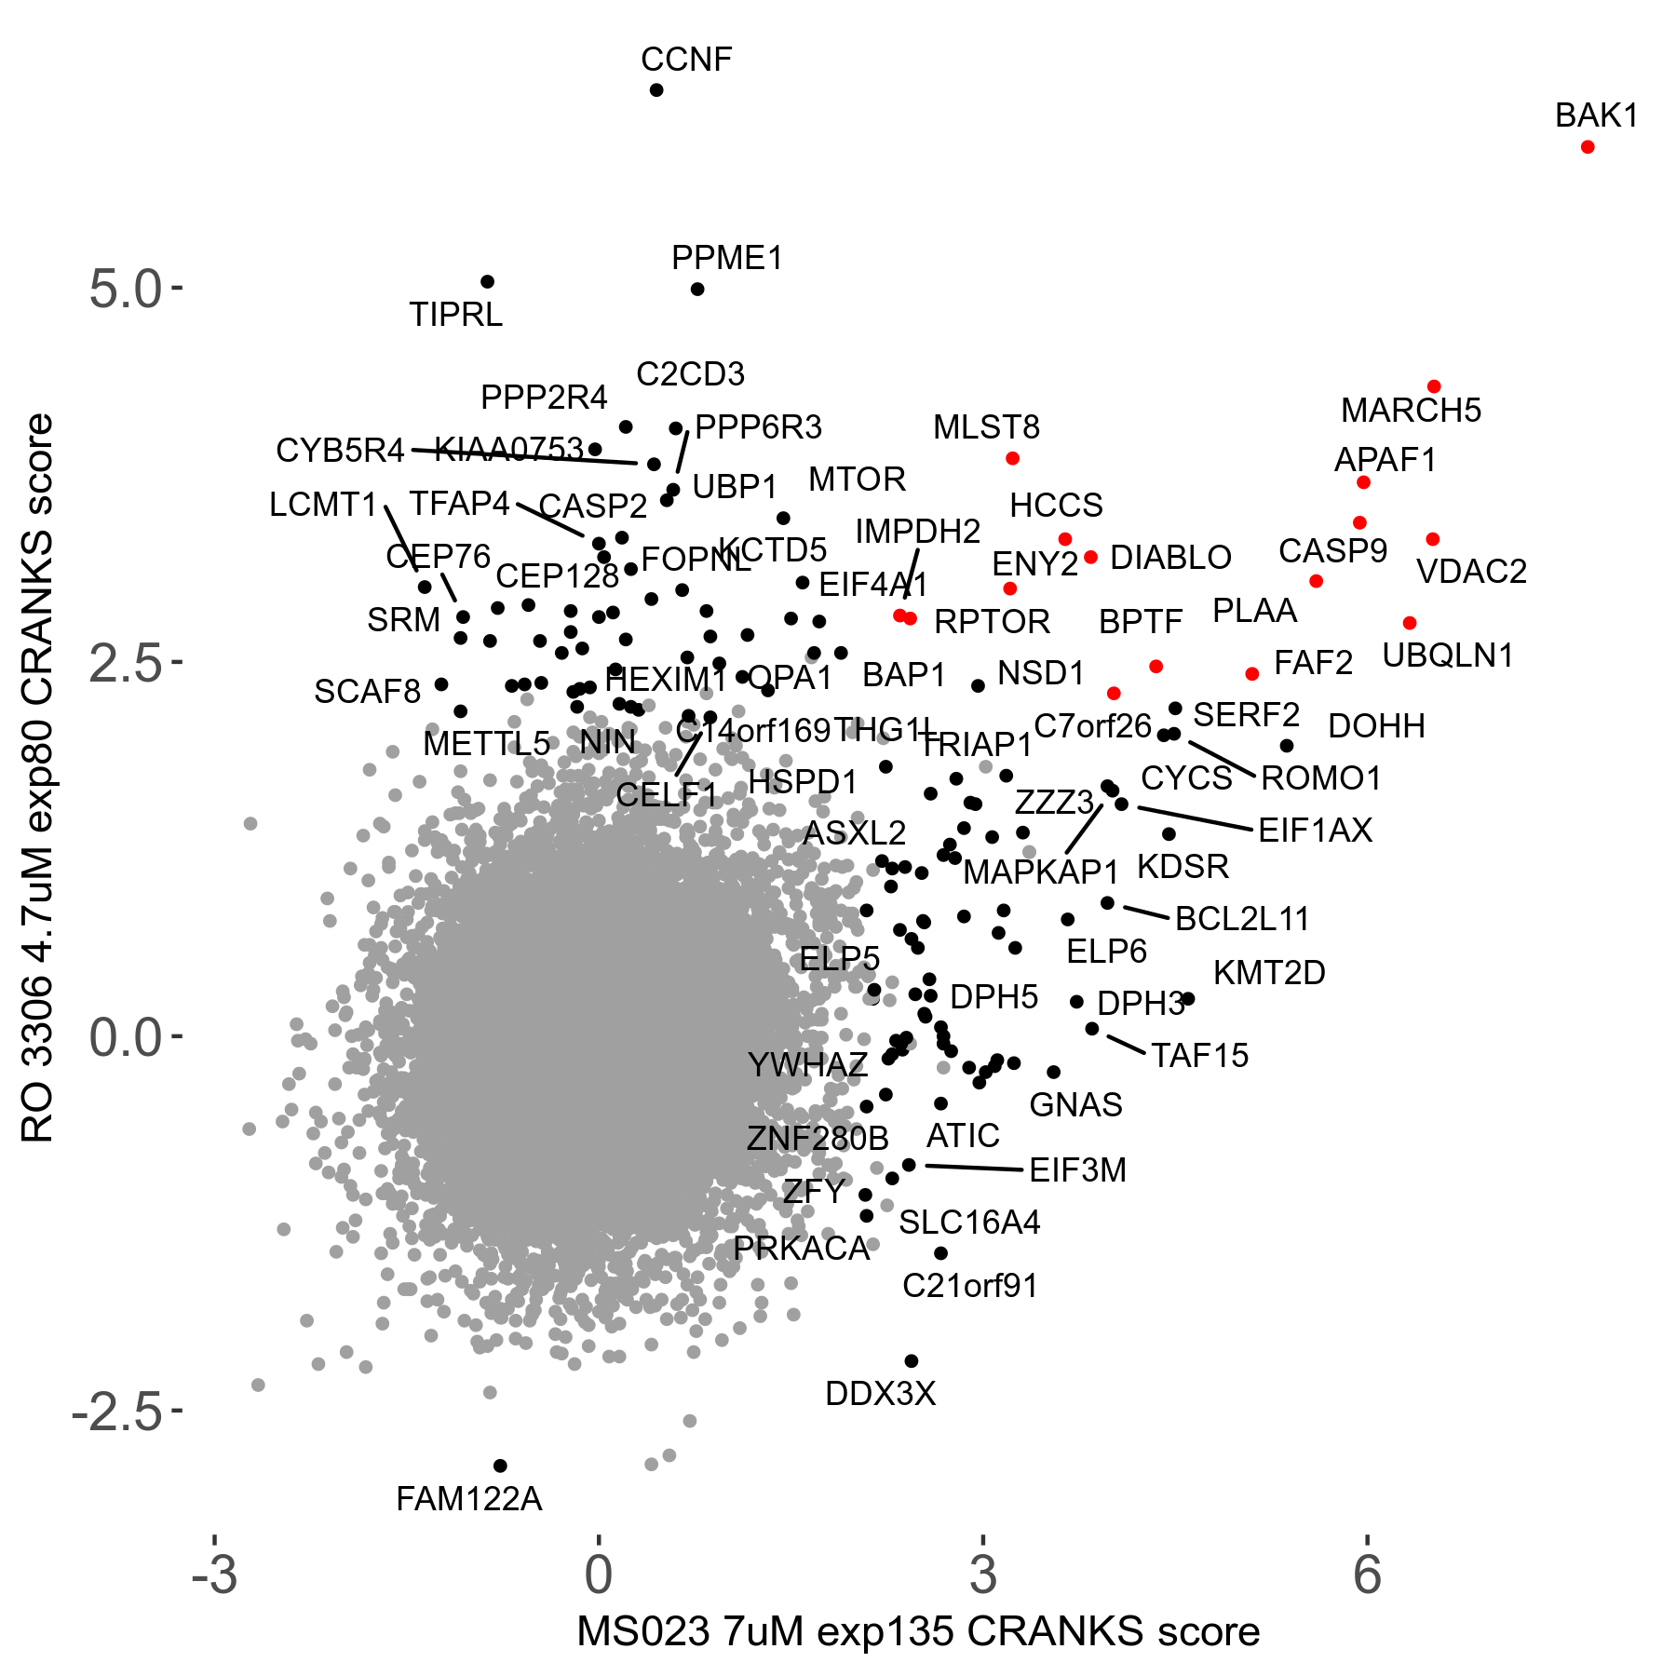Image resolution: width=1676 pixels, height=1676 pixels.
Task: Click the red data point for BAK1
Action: click(1588, 147)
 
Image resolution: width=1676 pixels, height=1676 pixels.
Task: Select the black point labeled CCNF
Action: click(656, 90)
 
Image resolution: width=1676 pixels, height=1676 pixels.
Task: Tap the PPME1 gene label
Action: click(727, 258)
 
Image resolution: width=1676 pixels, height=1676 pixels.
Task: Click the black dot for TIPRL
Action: click(487, 282)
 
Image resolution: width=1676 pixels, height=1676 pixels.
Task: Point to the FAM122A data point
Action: click(500, 1466)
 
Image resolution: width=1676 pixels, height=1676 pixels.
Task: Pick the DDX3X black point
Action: click(912, 1361)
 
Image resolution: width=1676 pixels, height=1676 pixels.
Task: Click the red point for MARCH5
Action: click(1434, 386)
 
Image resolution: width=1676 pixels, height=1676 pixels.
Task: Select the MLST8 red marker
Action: click(1013, 458)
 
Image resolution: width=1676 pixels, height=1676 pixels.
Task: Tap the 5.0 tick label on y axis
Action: click(126, 290)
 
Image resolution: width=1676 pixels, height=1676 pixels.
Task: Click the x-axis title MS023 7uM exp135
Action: click(918, 1632)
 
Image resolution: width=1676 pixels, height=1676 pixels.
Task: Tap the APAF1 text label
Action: click(1385, 460)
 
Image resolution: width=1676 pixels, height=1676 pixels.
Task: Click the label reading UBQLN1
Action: click(1448, 656)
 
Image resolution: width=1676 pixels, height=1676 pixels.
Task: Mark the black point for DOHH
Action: click(1287, 746)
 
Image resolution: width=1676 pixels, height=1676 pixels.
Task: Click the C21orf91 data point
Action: click(941, 1253)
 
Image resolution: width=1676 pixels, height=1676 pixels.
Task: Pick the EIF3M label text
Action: click(1077, 1170)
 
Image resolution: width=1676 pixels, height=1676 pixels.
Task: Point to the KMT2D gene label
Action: click(1269, 973)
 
